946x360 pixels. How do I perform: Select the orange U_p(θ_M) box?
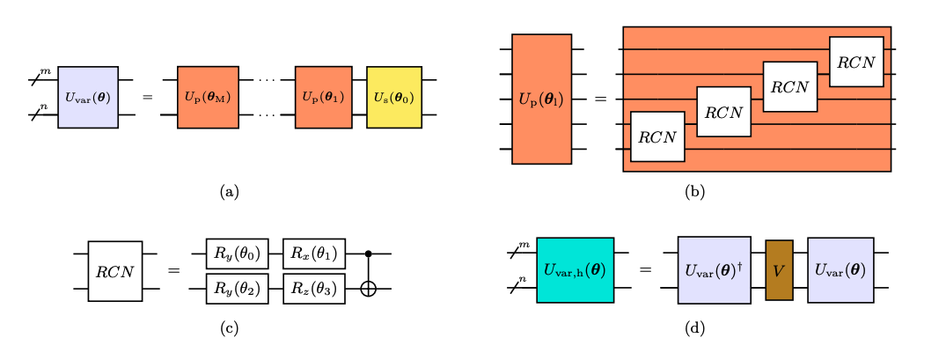point(208,97)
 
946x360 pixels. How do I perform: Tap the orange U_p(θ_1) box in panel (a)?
point(324,97)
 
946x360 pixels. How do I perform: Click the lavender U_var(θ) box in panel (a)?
point(88,97)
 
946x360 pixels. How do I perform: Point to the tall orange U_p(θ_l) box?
point(541,99)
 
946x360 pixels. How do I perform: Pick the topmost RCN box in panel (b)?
point(856,62)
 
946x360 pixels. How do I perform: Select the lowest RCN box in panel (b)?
point(657,136)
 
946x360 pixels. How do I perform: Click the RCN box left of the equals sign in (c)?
point(115,271)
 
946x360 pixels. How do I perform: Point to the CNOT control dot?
point(368,253)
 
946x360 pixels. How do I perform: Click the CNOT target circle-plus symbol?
point(368,289)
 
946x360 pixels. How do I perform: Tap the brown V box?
point(779,270)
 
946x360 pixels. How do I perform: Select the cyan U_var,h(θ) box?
point(574,270)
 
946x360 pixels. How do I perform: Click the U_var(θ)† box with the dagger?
point(714,270)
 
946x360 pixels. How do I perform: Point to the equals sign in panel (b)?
point(601,99)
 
